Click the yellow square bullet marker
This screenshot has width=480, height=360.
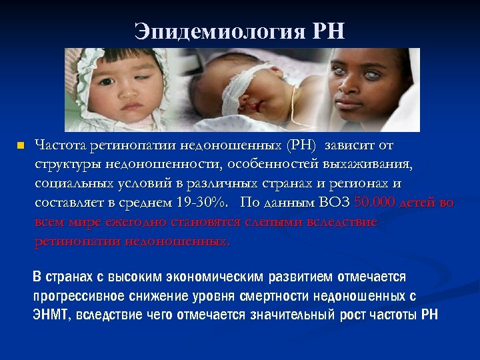tap(20, 145)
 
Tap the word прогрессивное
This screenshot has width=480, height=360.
tap(73, 296)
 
